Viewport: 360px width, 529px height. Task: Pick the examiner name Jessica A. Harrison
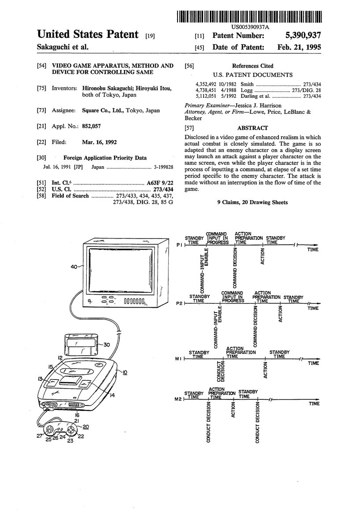pos(258,106)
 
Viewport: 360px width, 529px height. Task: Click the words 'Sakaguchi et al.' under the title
pos(63,47)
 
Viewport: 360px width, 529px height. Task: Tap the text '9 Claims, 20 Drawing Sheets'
pos(252,202)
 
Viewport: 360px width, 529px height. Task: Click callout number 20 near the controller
pos(85,427)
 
